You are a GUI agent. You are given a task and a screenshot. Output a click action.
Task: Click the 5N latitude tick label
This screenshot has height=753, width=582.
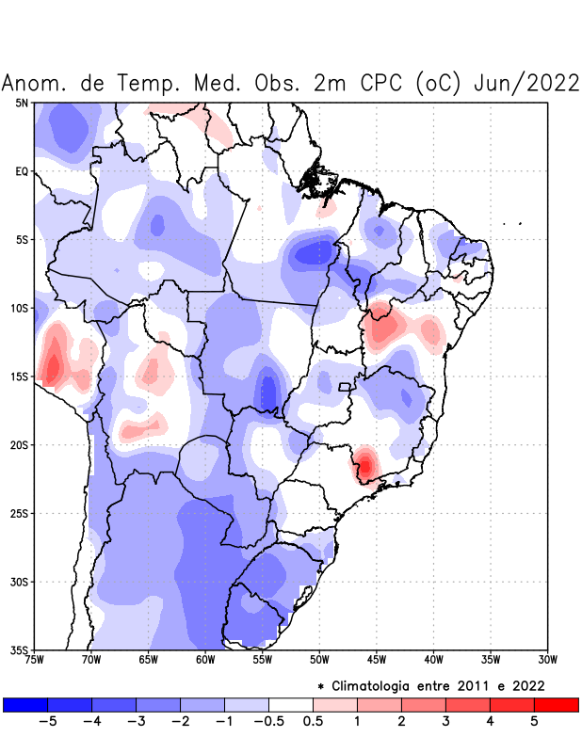click(21, 103)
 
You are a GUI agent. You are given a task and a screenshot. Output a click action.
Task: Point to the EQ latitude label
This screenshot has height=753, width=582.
click(21, 171)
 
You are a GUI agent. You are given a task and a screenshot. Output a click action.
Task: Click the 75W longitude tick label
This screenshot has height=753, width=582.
click(34, 660)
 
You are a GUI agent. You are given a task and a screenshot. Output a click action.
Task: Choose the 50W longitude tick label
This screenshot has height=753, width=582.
click(319, 660)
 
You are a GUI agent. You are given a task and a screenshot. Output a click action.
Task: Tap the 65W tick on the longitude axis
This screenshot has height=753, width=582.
click(148, 660)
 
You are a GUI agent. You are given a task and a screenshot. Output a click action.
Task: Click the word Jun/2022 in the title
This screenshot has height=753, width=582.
click(525, 83)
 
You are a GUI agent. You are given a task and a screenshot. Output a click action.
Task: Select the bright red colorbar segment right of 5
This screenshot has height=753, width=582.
click(556, 704)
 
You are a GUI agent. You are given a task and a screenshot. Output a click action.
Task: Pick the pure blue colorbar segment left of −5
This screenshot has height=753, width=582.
click(25, 704)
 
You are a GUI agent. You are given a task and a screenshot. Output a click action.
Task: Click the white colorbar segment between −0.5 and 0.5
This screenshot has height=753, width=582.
click(290, 704)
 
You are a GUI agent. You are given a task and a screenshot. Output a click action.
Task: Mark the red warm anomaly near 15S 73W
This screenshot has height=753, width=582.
click(54, 365)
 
